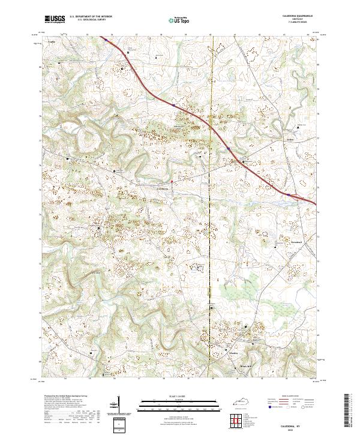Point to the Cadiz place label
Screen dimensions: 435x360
[51, 43]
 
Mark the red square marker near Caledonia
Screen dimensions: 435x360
[172, 181]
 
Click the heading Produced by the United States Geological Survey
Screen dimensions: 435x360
[65, 397]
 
